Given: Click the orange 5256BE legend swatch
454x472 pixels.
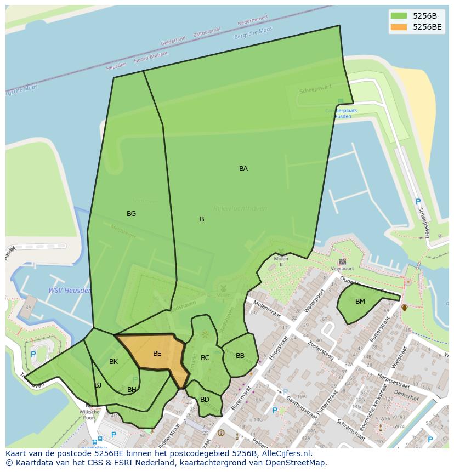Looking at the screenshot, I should (x=399, y=27).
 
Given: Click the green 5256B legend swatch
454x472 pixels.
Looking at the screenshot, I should (x=399, y=16).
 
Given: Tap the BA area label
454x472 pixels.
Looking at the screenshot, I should (x=243, y=169).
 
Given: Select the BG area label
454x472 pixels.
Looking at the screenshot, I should (x=131, y=214).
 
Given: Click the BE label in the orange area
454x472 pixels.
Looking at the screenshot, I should (x=157, y=354).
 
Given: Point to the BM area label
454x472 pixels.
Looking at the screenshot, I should (x=360, y=302).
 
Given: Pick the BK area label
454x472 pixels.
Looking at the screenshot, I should (x=113, y=362).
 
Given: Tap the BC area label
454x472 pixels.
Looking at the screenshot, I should (x=205, y=358).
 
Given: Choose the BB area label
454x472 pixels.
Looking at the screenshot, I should (x=240, y=356).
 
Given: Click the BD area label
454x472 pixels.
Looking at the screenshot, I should (x=205, y=400).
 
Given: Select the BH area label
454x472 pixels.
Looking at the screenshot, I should (x=132, y=390).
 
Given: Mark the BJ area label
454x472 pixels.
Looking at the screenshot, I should (x=98, y=385).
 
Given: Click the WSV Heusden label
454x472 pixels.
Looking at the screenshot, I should (x=70, y=291).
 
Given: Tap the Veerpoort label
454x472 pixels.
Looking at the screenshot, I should (x=342, y=269).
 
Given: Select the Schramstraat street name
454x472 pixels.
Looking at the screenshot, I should (x=351, y=430).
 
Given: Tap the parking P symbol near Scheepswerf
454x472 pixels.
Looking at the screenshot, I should (x=418, y=202).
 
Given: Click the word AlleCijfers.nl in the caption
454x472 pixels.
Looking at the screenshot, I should (x=285, y=453).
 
